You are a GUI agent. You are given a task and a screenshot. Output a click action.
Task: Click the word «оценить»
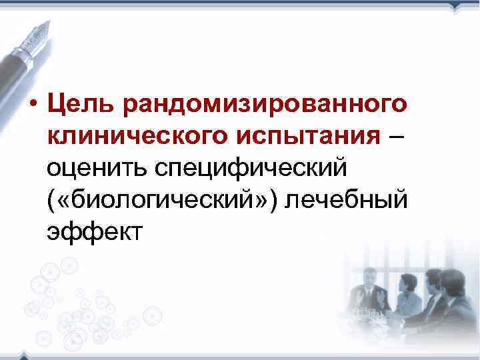tap(96, 169)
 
